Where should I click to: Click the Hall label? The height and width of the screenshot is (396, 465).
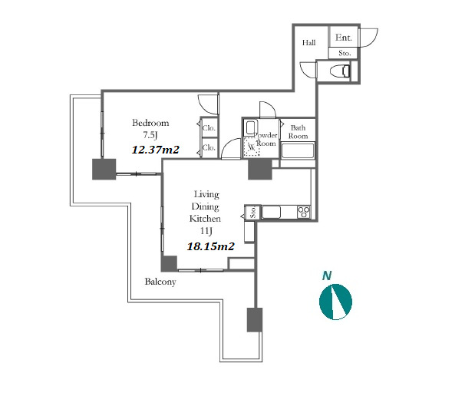tap(308, 43)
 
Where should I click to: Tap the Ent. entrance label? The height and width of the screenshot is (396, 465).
tap(344, 38)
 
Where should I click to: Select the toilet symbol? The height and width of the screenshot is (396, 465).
tap(340, 71)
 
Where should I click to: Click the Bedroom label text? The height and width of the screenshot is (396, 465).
tap(150, 123)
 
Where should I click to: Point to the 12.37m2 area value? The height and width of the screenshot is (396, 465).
tap(156, 150)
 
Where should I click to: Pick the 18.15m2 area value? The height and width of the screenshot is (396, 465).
tap(210, 246)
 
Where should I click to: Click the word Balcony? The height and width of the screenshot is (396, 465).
tap(160, 282)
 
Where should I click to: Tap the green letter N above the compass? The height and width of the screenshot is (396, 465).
tap(327, 276)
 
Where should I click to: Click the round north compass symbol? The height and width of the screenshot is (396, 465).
tap(335, 302)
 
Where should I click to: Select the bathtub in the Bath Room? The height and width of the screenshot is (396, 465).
tap(298, 150)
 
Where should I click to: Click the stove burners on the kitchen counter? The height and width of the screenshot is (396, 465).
tap(304, 212)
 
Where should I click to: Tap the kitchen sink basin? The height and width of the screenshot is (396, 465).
tap(271, 212)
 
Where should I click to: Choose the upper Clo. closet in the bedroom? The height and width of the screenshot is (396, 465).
tap(209, 128)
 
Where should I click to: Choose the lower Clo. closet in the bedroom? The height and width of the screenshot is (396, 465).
tap(209, 147)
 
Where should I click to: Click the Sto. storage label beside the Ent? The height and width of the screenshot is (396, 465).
tap(345, 54)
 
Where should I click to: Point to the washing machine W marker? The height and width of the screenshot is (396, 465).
tap(252, 147)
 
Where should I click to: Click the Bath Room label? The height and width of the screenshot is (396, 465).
tap(298, 132)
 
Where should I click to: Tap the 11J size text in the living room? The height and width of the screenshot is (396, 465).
tap(206, 231)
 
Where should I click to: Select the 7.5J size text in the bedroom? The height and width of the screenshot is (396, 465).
tap(150, 135)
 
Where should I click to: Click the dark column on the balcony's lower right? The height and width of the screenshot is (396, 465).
tap(255, 320)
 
